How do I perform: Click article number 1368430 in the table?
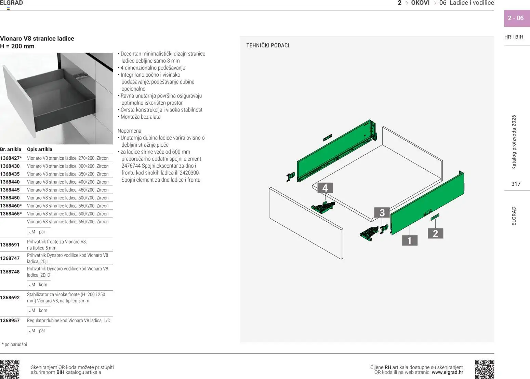coord(10,166)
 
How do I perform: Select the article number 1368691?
coord(10,245)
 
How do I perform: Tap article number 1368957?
coord(10,321)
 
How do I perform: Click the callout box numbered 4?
coord(325,188)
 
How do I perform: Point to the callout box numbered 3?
coord(382,213)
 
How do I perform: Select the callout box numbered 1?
coord(409,240)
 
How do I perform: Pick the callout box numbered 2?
coord(435,234)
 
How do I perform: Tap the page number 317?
coord(516,184)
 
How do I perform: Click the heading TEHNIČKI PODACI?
coord(268,45)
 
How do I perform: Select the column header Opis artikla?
coord(40,149)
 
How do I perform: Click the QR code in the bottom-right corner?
coord(484,369)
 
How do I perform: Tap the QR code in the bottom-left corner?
coord(10,369)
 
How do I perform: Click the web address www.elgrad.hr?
coord(447,373)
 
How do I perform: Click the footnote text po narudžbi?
coord(15,344)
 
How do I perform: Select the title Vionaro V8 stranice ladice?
coord(37,39)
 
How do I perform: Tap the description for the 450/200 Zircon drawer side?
coord(68,190)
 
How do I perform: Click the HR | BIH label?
coord(514,37)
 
